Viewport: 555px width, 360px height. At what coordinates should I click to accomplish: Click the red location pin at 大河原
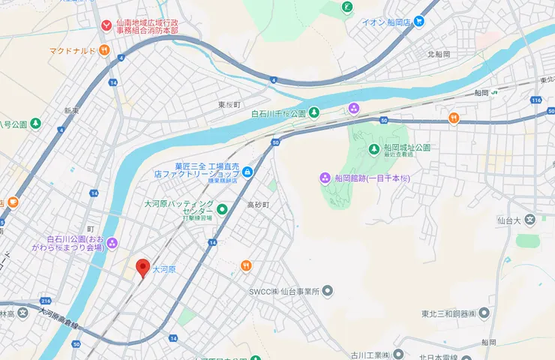(x=142, y=267)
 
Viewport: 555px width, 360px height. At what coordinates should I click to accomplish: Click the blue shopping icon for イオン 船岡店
(x=419, y=22)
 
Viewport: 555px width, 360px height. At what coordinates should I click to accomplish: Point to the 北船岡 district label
(x=439, y=55)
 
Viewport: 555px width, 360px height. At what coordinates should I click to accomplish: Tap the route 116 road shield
(x=535, y=100)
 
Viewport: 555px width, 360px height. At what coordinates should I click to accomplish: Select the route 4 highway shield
(x=274, y=79)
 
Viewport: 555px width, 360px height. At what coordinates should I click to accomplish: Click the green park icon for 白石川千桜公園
(x=314, y=113)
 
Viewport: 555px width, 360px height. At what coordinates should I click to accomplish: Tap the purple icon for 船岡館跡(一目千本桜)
(x=325, y=178)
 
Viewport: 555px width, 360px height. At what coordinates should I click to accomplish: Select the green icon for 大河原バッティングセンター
(x=222, y=207)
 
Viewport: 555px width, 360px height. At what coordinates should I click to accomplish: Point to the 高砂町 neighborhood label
(x=257, y=204)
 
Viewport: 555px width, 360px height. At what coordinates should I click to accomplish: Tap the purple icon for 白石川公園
(x=112, y=241)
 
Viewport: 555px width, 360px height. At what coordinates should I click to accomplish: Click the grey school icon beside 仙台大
(x=529, y=220)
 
